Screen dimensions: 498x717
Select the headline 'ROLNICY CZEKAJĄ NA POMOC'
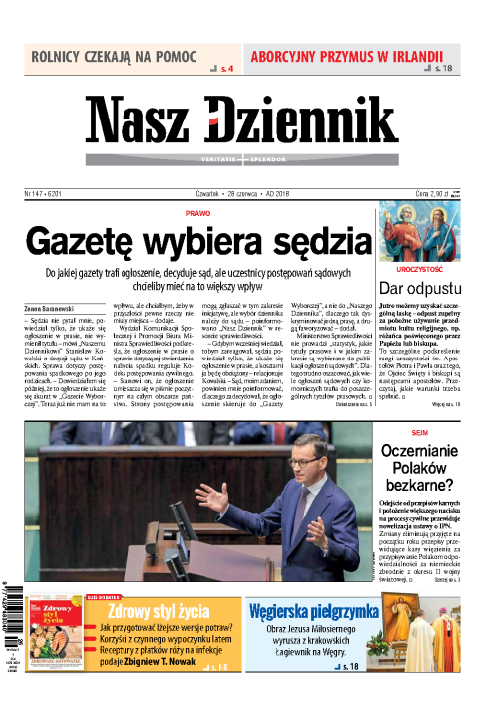[x=114, y=56]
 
